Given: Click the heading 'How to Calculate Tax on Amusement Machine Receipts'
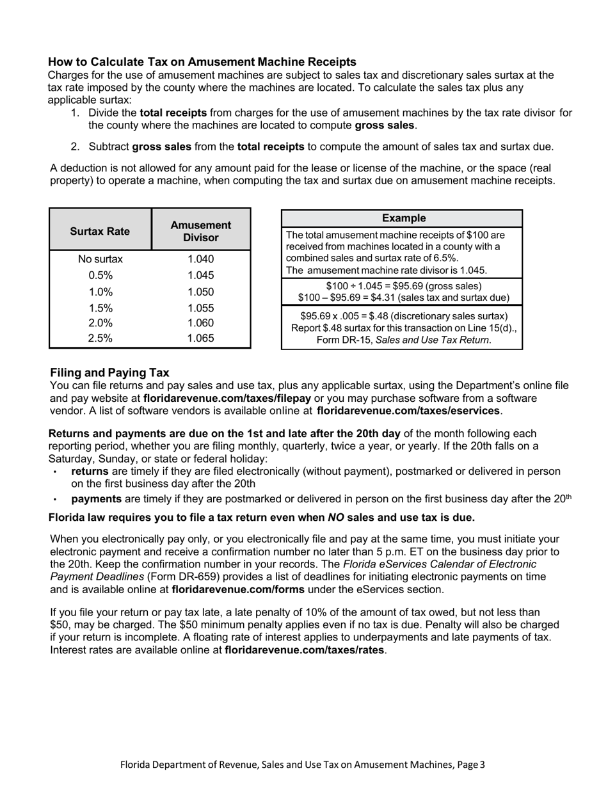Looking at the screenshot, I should click(x=202, y=62).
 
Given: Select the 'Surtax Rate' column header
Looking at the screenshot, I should click(x=100, y=231).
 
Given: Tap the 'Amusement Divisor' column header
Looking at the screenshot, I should click(x=201, y=231).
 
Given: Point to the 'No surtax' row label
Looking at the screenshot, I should click(x=100, y=259).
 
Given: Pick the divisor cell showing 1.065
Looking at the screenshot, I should click(x=201, y=338).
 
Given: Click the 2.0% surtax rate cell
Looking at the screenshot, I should click(x=100, y=323).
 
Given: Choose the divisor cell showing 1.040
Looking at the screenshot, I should click(x=201, y=259).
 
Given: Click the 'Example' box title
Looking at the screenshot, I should click(x=403, y=218).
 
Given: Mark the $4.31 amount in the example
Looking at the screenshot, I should click(x=392, y=298).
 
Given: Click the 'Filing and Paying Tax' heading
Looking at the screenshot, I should click(x=109, y=372).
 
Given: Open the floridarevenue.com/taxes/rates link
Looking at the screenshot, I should click(x=305, y=650).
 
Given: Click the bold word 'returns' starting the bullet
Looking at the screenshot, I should click(x=90, y=472).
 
